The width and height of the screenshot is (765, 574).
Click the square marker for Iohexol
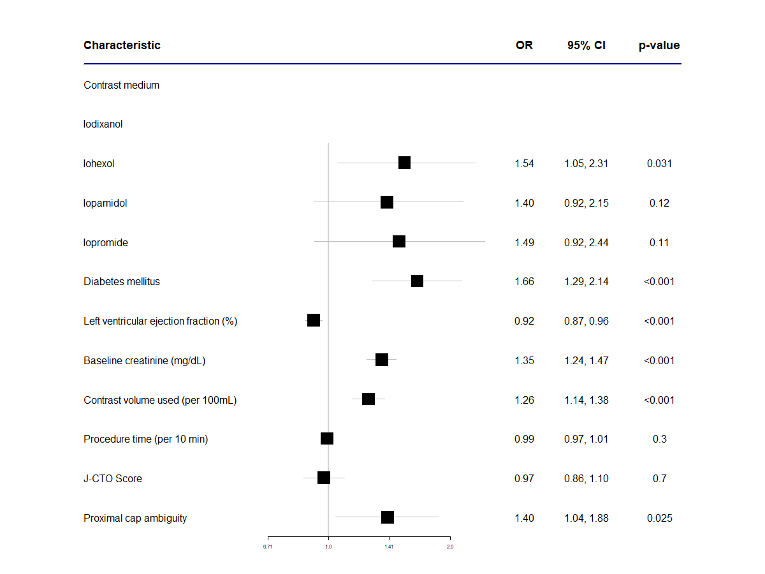click(x=404, y=163)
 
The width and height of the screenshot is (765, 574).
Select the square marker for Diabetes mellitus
click(x=417, y=281)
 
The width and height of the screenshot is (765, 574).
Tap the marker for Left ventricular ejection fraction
click(x=314, y=320)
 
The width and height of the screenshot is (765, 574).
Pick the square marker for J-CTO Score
click(x=324, y=478)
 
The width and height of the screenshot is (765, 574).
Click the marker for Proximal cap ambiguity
click(x=388, y=517)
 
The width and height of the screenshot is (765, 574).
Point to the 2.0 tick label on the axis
click(x=450, y=547)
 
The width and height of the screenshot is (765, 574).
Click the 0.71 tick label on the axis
click(x=268, y=547)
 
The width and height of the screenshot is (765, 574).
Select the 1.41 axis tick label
click(x=389, y=547)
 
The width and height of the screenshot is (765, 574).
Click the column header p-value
click(x=659, y=45)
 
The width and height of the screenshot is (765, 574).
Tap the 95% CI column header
click(x=586, y=45)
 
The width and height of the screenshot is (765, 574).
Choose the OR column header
click(x=524, y=45)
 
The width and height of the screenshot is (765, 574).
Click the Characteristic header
click(x=122, y=45)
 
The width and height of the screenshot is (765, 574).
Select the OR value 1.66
click(x=524, y=281)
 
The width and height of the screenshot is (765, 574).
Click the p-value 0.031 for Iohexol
click(x=659, y=163)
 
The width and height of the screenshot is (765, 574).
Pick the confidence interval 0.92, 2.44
click(x=586, y=242)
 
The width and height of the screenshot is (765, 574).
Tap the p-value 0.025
click(x=659, y=518)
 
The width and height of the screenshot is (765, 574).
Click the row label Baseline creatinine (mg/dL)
click(x=144, y=360)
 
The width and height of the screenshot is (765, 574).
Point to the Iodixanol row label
click(x=103, y=124)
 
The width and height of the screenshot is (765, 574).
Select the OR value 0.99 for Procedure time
click(x=524, y=439)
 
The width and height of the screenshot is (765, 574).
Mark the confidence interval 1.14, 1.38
click(x=586, y=400)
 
